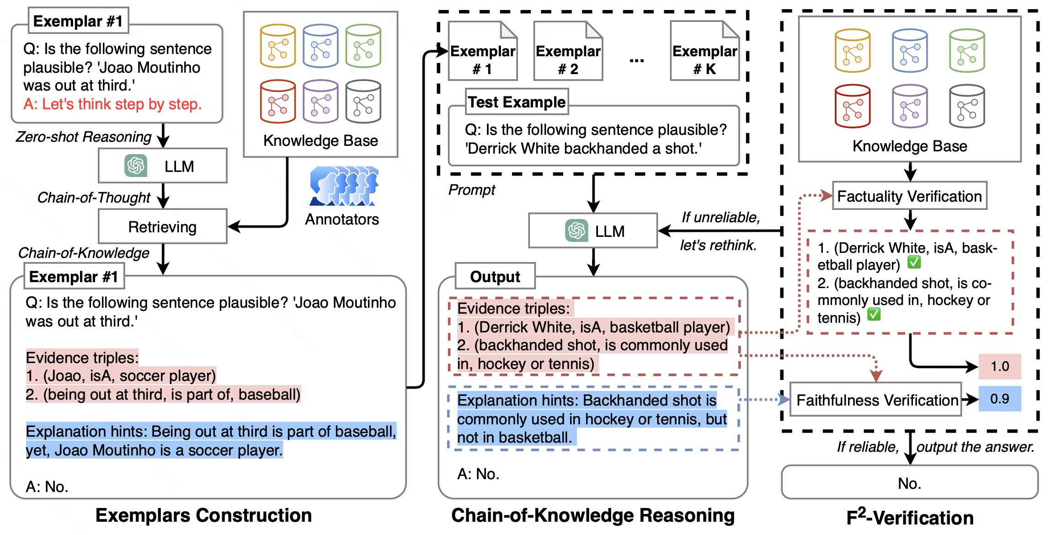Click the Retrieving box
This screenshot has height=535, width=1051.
(x=162, y=226)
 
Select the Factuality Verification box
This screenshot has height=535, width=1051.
(x=909, y=196)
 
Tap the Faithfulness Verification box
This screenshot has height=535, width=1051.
(x=875, y=400)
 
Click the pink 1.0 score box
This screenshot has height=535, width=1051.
(x=999, y=366)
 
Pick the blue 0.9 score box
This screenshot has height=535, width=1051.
(x=999, y=399)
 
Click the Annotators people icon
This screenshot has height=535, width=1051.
(x=344, y=186)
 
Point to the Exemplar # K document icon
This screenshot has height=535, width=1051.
(x=704, y=51)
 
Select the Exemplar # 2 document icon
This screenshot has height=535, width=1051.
(x=568, y=51)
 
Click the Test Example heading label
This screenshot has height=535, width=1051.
(x=517, y=102)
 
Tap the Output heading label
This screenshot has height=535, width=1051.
(x=495, y=276)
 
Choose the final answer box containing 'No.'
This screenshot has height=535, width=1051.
(x=909, y=483)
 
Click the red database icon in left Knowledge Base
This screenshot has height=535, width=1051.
(x=277, y=102)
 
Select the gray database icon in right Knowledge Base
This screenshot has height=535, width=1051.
(x=966, y=106)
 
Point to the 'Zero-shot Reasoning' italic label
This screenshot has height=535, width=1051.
(x=84, y=137)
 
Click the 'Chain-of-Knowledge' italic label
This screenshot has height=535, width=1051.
(x=84, y=252)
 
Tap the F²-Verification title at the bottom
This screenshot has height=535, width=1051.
(x=910, y=517)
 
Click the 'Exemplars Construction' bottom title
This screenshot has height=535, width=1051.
(x=203, y=515)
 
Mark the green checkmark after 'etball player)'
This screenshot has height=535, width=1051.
(x=914, y=262)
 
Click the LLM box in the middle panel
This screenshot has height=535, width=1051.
(x=593, y=231)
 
